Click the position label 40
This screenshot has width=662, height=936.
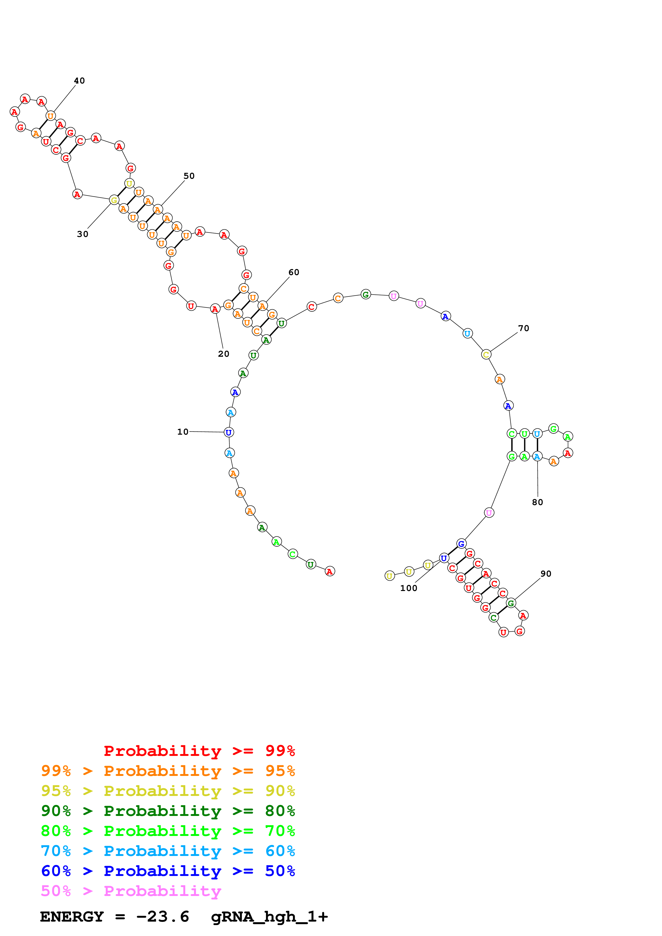[x=79, y=81]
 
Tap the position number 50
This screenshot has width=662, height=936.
[x=189, y=176]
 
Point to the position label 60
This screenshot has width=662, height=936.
[x=294, y=272]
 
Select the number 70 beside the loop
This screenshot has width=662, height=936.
[x=523, y=328]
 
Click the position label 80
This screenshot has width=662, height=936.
[x=537, y=502]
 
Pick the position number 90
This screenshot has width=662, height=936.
[x=546, y=574]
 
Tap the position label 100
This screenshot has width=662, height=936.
[x=408, y=588]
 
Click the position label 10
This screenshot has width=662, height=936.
[x=183, y=432]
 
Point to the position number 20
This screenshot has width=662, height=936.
[x=224, y=354]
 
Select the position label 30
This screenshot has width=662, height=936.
[x=83, y=234]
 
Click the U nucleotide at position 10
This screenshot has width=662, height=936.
[x=229, y=433]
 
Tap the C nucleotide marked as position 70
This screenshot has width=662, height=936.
[x=486, y=355]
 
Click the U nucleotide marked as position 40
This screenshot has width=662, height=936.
[x=50, y=116]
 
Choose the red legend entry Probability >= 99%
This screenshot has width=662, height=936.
[x=199, y=751]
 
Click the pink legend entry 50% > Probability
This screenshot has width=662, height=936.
[x=131, y=891]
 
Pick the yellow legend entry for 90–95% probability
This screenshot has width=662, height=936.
[x=168, y=791]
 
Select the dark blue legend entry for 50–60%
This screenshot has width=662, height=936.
[x=168, y=871]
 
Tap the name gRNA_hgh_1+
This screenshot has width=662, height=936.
[x=269, y=917]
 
